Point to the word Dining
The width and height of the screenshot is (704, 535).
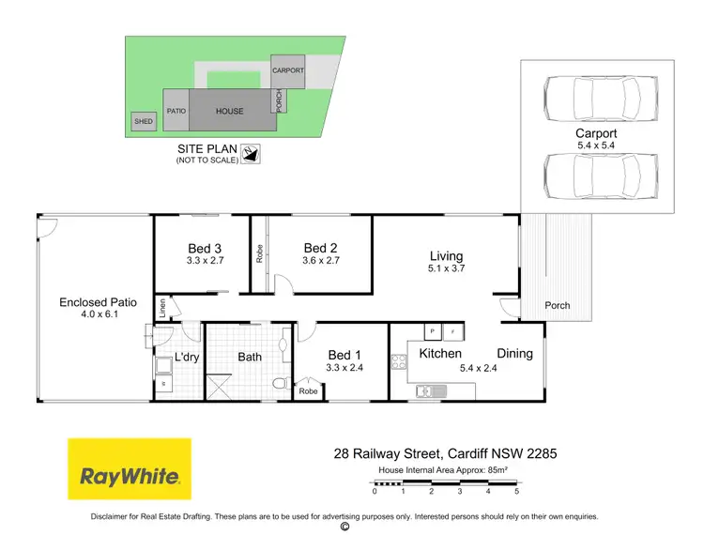point(514,354)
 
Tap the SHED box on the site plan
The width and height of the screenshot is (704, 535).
point(144,121)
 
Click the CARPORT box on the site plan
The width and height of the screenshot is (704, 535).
point(286,71)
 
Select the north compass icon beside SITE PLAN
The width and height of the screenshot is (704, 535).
point(251,153)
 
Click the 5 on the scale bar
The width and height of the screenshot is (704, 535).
point(516,492)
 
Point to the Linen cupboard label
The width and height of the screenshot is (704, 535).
point(162,309)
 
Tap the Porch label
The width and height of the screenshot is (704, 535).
point(558,305)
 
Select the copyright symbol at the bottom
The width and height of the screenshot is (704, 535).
point(344,527)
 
